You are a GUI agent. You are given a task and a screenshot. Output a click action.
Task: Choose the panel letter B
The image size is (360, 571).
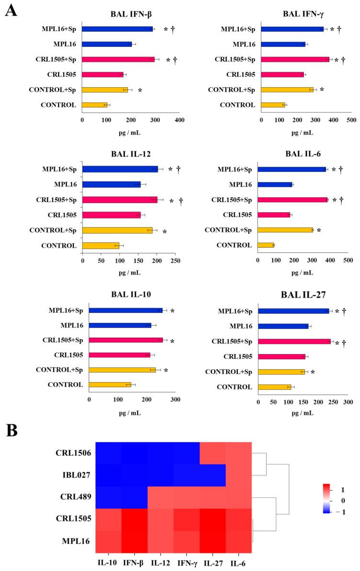[x=12, y=430]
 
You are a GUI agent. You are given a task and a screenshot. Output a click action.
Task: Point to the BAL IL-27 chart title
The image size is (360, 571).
[x=302, y=295]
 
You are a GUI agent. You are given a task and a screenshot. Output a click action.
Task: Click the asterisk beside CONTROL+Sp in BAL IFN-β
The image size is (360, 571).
[x=140, y=90]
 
